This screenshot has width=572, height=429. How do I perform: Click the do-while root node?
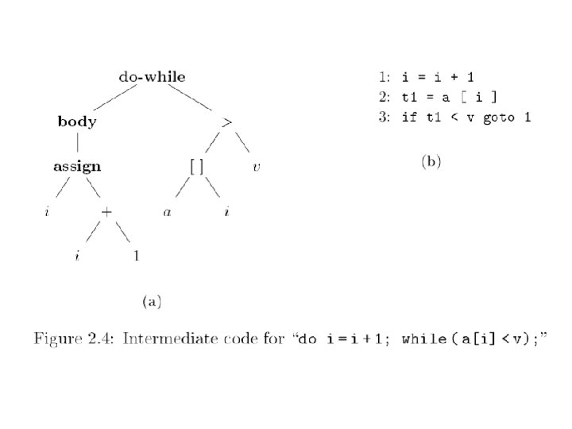tap(152, 77)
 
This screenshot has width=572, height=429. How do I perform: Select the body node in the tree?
tap(77, 122)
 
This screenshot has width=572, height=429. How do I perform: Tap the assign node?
tap(77, 167)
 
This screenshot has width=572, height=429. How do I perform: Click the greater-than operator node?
tap(227, 122)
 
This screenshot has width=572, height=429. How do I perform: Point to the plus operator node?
tap(107, 212)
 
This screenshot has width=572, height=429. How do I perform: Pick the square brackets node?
tap(197, 167)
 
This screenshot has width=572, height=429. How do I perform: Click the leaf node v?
tap(257, 167)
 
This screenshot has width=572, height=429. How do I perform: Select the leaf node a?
tap(168, 212)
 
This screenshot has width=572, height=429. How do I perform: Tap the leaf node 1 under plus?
tap(137, 257)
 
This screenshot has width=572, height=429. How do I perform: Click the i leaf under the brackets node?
tap(227, 212)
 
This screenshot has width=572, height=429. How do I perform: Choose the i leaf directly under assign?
tap(47, 212)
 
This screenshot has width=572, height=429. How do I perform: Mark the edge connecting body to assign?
tap(77, 144)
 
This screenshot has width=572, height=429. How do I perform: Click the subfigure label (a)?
tap(152, 301)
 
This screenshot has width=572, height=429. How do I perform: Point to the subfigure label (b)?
tap(431, 162)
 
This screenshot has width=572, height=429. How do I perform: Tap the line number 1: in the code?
tap(384, 77)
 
